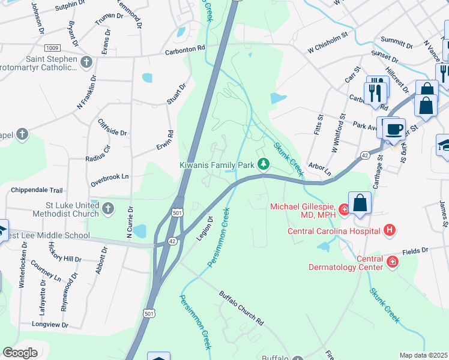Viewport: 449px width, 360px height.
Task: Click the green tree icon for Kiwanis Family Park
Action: coord(263,164)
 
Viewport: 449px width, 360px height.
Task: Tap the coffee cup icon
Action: coord(394,129)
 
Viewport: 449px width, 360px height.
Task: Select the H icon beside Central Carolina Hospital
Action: coord(390,230)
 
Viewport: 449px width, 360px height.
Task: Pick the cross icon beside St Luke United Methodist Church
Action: coord(108,209)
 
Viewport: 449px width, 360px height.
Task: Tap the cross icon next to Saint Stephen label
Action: coord(86,61)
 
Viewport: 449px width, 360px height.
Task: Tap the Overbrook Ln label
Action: coord(109,177)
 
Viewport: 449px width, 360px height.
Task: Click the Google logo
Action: coord(20,353)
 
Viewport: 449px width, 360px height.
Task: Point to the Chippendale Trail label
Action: coord(37,190)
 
